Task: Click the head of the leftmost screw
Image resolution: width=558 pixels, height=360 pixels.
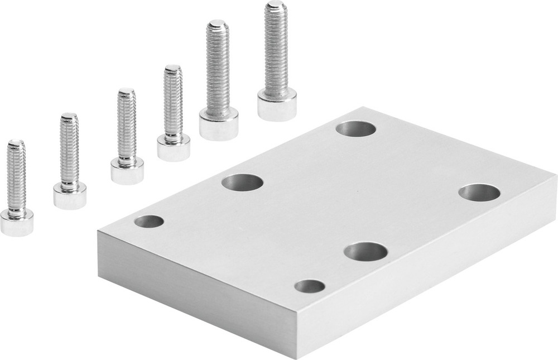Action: pos(17,222)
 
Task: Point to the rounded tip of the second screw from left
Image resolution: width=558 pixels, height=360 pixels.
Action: pos(69,117)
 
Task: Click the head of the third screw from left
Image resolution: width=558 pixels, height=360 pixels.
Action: pos(127,171)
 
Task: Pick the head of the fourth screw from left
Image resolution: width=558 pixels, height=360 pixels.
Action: pos(173,147)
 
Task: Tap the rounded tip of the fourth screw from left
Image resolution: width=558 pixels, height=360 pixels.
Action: pos(172,68)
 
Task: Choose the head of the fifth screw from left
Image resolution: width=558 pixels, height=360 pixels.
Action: pos(218,124)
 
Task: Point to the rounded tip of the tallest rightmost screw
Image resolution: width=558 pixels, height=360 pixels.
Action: pos(275,5)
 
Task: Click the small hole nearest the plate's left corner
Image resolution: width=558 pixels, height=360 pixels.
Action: pos(149,222)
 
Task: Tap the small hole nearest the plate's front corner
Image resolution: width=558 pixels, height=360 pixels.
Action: pos(310,287)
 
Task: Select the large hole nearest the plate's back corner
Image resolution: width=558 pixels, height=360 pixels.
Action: pos(356,129)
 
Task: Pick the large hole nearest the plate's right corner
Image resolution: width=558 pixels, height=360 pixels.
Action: pos(479,193)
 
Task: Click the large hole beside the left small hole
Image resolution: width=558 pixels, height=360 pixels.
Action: pos(242,182)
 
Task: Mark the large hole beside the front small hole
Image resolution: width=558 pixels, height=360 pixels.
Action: pos(365,252)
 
